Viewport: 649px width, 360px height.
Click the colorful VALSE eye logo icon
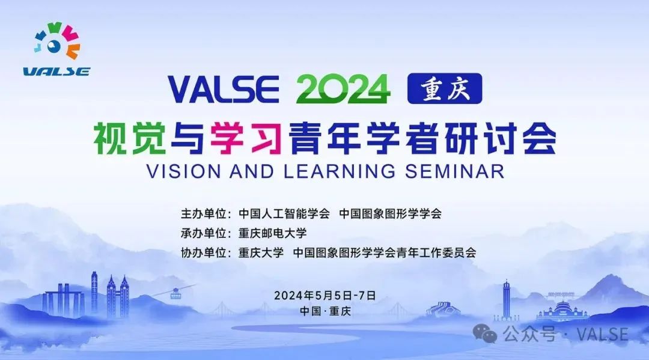56,40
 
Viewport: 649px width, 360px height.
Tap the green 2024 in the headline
343,89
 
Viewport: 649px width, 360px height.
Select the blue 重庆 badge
445,88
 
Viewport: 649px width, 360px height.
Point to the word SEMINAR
454,171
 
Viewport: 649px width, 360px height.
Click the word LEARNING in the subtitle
340,171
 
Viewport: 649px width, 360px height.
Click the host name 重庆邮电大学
272,233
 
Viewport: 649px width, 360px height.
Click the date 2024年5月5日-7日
325,296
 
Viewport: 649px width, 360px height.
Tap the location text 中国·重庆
325,311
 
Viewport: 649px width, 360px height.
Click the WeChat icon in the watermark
485,333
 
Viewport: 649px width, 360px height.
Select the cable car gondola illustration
175,294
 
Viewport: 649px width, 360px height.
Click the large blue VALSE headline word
223,89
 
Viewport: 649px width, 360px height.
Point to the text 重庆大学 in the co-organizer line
261,252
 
